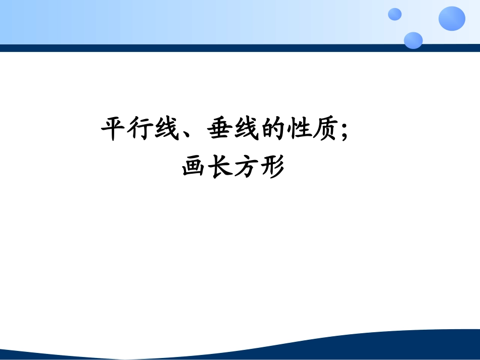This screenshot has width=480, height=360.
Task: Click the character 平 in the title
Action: (114, 130)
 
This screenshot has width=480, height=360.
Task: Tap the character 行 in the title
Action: (140, 130)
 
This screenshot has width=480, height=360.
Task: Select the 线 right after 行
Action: (167, 130)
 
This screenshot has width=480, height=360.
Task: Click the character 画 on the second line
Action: (195, 167)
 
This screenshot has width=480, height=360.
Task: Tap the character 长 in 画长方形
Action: (221, 167)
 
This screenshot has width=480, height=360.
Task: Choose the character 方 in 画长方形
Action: (247, 167)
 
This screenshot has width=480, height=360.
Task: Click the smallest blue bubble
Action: (395, 14)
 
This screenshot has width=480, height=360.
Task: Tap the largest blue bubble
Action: (452, 19)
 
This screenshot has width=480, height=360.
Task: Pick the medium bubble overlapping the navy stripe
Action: (413, 40)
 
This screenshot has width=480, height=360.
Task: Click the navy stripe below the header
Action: (202, 48)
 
